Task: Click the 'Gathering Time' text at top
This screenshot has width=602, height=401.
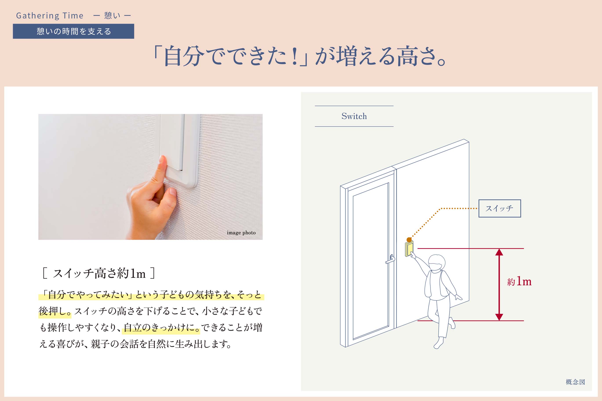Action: point(50,16)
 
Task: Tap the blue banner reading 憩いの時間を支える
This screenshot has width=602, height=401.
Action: point(73,31)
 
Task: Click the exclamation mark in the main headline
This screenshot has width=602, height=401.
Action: point(295,56)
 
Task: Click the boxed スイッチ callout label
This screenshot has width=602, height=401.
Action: point(500,208)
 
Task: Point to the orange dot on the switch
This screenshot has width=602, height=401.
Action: point(409,240)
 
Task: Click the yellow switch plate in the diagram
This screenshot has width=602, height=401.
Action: point(409,249)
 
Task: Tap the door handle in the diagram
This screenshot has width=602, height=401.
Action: point(390,259)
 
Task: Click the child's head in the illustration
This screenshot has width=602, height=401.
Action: point(437,263)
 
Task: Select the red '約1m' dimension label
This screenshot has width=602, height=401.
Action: point(519,281)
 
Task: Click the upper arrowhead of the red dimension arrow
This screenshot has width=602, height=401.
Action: point(499,252)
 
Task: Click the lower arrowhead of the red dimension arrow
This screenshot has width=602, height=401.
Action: point(499,317)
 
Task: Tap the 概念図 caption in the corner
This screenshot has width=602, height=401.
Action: point(575,382)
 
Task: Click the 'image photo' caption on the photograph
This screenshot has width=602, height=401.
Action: point(241,233)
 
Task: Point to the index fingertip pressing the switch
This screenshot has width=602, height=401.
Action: point(162,160)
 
